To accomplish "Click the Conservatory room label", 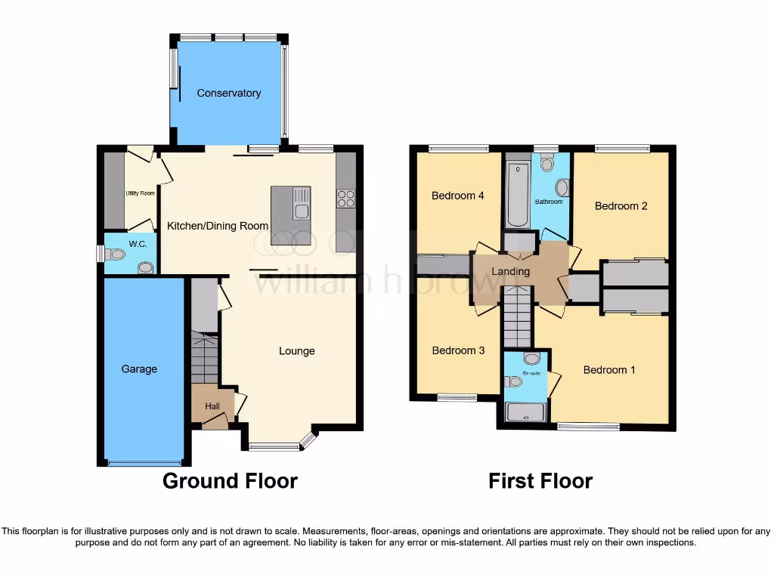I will pos(228,93).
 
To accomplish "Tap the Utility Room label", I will pos(140,193).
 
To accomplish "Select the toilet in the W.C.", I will pos(115,255).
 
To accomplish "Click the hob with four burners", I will pos(346,199).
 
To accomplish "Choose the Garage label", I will pos(140,369).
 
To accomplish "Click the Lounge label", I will pos(296,350).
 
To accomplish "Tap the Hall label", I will pos(212,406).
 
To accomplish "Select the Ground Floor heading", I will pos(231,480).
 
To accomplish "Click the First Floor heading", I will pos(540,480).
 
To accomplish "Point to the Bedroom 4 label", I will pos(457,196).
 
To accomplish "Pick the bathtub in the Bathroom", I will pos(517,194).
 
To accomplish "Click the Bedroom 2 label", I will pos(621,205).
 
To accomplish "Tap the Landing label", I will pos(511,272).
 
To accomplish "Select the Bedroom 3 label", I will pos(457,350).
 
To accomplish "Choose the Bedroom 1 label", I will pos(608,370).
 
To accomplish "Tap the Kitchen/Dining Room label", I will pos(218,225).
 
